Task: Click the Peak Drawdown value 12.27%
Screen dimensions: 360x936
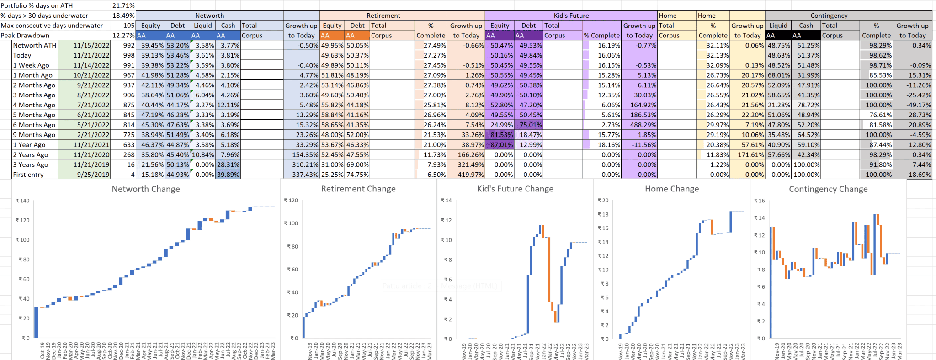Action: [123, 35]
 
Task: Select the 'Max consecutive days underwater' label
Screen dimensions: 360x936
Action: [52, 26]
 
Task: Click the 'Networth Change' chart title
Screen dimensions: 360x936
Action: [146, 189]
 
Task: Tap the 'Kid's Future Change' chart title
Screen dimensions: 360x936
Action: [515, 189]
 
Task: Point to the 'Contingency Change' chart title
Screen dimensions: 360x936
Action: [828, 189]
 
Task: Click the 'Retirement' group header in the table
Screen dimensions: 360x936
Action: [383, 16]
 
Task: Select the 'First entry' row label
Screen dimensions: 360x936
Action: [28, 175]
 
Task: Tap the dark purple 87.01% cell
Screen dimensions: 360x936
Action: [501, 145]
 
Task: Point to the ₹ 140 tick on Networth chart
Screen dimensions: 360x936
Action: [22, 201]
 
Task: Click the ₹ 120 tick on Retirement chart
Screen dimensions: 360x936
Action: [291, 201]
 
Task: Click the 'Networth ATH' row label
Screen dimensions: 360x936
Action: [35, 45]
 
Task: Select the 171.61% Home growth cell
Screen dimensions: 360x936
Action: [748, 155]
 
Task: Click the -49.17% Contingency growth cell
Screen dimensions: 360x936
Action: [914, 105]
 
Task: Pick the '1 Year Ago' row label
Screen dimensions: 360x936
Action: [29, 145]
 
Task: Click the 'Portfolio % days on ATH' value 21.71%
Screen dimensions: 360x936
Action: [123, 5]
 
